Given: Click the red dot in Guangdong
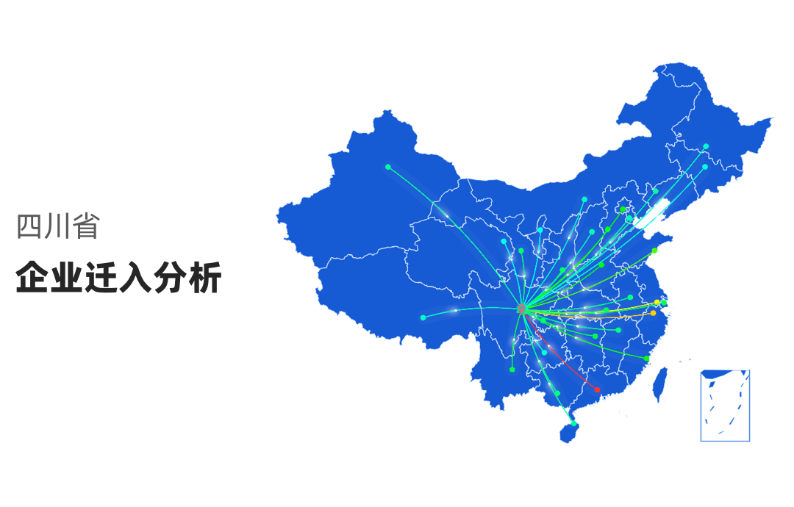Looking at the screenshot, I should coord(597,389).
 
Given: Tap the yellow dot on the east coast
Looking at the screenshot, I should coord(657,302).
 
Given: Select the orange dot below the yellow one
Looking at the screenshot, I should coord(653,314).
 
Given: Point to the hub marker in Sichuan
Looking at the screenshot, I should coord(521,309).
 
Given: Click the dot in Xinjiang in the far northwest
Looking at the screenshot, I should coord(388,167).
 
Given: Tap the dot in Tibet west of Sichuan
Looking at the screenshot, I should coord(423,317).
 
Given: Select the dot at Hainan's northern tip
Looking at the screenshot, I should coord(574,423).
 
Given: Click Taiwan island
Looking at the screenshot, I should coord(659,384).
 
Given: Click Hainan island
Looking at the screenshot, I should coord(568,433).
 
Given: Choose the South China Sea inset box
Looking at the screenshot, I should coord(725,406).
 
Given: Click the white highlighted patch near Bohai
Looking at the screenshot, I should coord(651,214).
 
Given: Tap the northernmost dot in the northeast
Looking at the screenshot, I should coord(706,146).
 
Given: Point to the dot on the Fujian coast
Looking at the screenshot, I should coord(646,358).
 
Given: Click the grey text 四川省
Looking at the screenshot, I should coord(58,227).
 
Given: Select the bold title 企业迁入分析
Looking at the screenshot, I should coord(118,278).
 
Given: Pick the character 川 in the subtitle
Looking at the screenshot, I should coord(58,227).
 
